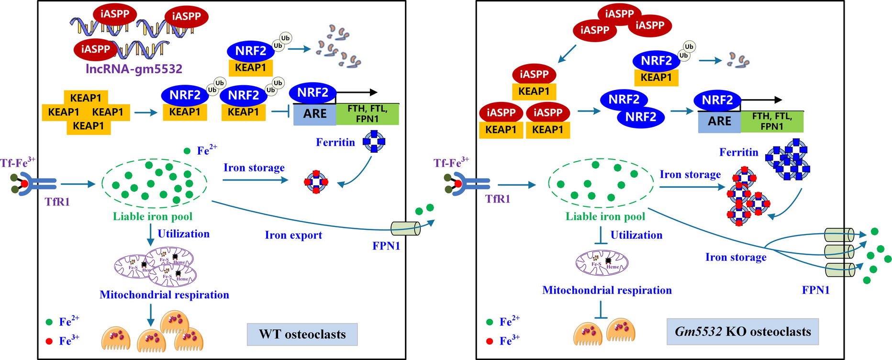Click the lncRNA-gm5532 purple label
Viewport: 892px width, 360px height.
(134, 69)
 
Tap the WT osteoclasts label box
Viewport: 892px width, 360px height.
(302, 334)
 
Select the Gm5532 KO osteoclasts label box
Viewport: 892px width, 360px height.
(743, 332)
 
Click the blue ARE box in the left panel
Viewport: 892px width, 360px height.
(314, 114)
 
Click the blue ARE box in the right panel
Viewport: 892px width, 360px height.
(719, 122)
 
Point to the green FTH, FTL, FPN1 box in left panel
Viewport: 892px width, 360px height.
(367, 114)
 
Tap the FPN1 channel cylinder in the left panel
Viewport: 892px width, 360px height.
(405, 228)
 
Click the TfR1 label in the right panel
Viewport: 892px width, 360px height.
(498, 199)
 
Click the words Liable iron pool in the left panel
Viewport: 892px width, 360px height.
(153, 216)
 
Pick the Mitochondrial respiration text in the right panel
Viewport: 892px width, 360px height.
(607, 290)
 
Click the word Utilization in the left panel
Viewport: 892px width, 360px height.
(184, 234)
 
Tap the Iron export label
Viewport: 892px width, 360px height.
(293, 235)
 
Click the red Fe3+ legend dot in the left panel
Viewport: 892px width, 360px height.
(49, 341)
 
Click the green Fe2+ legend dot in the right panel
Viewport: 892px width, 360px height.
(490, 322)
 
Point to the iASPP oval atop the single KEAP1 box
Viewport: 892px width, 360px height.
(534, 74)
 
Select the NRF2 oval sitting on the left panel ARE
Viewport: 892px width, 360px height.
(312, 92)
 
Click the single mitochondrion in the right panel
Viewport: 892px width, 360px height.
(602, 262)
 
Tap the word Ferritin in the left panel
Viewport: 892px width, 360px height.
(335, 142)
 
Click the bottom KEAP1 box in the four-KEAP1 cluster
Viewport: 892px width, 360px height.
(89, 126)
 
